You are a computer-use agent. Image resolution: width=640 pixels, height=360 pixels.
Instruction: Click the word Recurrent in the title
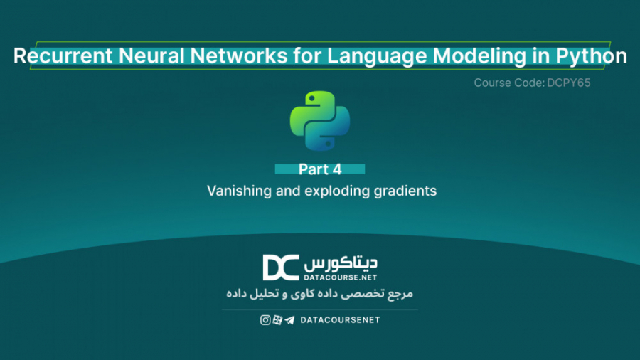click(57, 56)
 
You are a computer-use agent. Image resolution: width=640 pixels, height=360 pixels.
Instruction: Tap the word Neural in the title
click(136, 56)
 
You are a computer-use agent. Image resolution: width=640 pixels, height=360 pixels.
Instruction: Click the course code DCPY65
click(567, 83)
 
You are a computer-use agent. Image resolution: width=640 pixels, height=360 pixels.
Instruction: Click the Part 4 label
click(320, 169)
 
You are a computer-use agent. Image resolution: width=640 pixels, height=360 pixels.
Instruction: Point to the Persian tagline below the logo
click(320, 293)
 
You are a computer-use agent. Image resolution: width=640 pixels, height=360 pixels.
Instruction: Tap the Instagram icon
click(265, 320)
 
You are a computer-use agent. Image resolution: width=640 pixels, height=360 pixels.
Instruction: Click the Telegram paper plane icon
click(289, 320)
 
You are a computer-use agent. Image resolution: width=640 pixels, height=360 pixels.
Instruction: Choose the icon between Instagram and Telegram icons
click(277, 320)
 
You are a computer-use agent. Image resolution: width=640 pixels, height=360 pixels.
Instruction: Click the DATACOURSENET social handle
click(340, 320)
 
